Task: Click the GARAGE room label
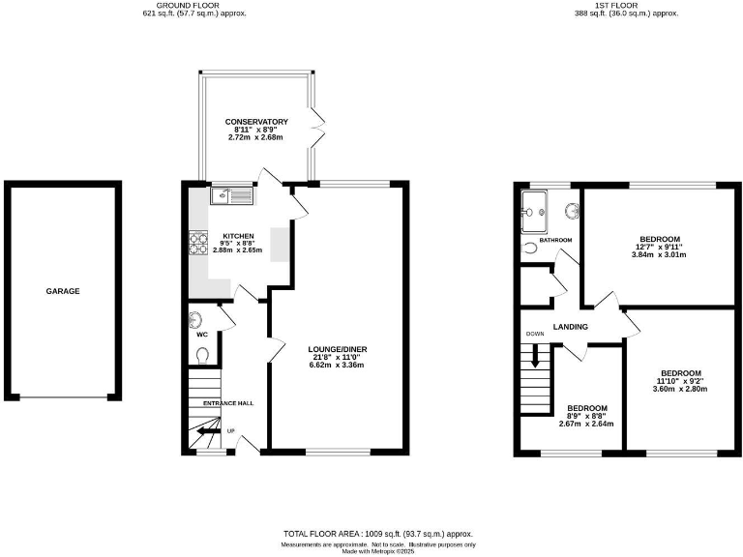(63, 291)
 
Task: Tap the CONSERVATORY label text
(256, 121)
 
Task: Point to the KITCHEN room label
(238, 236)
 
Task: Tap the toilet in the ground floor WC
(201, 355)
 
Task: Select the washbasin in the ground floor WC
(196, 320)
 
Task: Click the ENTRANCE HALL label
(227, 402)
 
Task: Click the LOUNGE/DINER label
(337, 349)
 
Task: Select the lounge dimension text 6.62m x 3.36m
(337, 366)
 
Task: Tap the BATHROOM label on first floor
(555, 240)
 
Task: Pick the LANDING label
(571, 327)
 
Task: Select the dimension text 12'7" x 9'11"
(658, 247)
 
